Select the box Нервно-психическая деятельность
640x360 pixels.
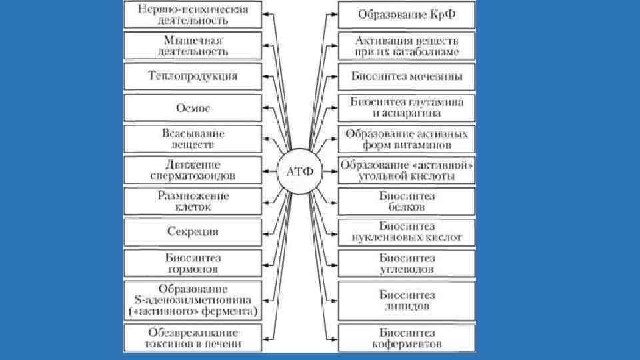tap(193, 15)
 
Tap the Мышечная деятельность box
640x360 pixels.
tap(193, 45)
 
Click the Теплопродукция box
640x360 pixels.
tap(193, 75)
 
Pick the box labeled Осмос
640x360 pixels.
tap(193, 108)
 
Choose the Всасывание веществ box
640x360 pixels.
tap(193, 138)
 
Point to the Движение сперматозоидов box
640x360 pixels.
tap(193, 170)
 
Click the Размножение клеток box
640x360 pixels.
tap(193, 201)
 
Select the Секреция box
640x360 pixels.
tap(193, 232)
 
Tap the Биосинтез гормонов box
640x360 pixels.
tap(193, 263)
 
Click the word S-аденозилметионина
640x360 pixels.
tap(193, 300)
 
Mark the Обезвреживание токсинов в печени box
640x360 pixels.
tap(193, 338)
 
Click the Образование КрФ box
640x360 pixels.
tap(407, 14)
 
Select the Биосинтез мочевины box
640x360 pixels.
tap(407, 75)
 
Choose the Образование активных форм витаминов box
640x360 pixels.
tap(407, 139)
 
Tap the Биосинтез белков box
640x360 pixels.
tap(407, 201)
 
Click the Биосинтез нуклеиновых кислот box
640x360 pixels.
tap(407, 232)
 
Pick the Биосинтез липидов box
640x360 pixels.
tap(407, 300)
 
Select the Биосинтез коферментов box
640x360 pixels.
tap(407, 338)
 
